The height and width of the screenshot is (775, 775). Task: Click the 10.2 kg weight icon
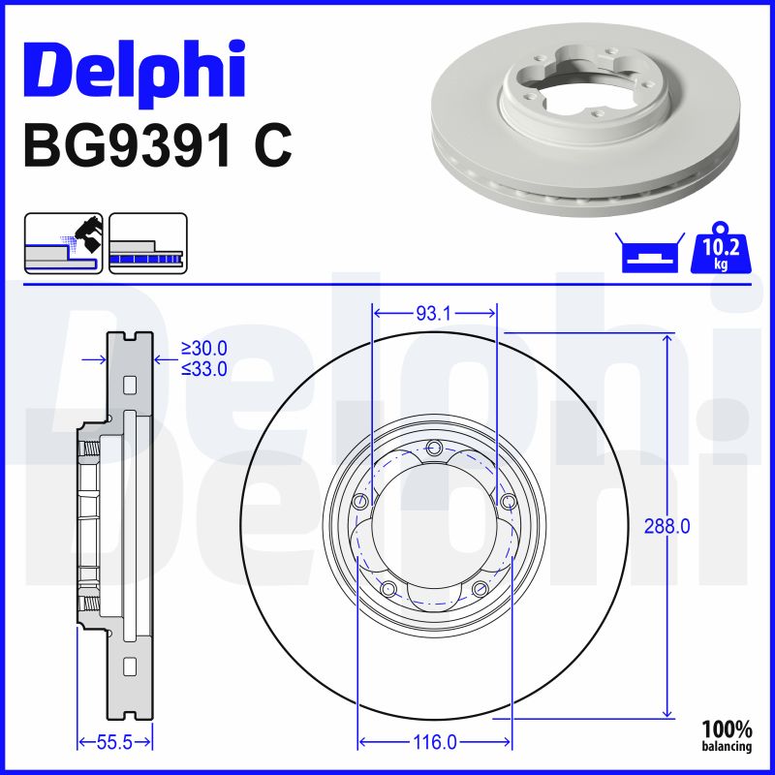tap(720, 252)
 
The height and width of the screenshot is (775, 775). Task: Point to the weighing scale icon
tap(647, 254)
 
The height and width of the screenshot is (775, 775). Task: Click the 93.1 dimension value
tap(435, 313)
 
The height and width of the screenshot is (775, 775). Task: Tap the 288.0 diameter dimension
tap(666, 526)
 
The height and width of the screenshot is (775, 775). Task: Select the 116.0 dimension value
tap(435, 742)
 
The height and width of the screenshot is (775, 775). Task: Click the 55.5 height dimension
tap(114, 742)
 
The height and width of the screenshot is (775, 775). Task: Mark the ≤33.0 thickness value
tap(204, 368)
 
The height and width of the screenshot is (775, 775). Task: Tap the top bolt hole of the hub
tap(434, 447)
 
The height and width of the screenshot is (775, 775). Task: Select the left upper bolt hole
tap(360, 501)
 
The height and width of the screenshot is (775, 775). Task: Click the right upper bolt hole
tap(508, 501)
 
